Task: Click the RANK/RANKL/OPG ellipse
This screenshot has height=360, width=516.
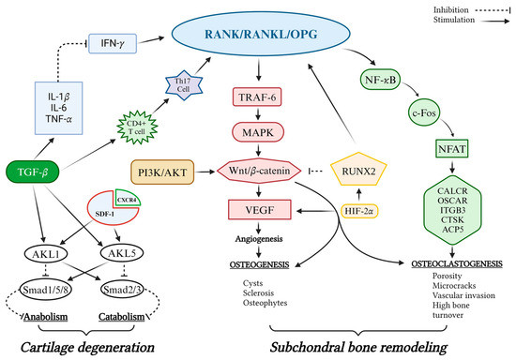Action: tap(261, 34)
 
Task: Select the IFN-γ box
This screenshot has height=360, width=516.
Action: tap(113, 43)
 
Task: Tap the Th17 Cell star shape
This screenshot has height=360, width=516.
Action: tap(184, 84)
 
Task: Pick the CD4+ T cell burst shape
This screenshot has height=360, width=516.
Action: tap(137, 127)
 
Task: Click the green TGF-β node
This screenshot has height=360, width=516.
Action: tap(33, 172)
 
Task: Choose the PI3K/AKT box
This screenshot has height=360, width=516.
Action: tap(162, 172)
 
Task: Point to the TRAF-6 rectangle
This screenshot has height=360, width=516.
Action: tap(257, 97)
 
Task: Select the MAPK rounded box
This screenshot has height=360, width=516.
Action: tap(258, 132)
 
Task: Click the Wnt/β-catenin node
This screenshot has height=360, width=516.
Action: tap(259, 171)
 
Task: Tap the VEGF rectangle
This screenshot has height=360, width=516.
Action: tap(260, 210)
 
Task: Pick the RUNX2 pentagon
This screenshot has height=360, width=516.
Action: tap(358, 170)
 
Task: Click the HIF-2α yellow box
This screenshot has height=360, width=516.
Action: tap(359, 211)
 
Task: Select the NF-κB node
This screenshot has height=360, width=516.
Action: tap(380, 80)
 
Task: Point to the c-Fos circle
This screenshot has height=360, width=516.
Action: tap(424, 112)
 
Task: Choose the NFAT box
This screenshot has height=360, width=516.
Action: tap(452, 149)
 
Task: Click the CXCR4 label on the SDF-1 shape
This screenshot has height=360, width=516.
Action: tap(127, 200)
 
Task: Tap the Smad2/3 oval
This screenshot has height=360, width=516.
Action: tap(122, 290)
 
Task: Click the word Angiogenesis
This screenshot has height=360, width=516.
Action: tap(259, 239)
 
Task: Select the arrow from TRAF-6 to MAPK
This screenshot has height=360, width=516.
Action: tap(258, 114)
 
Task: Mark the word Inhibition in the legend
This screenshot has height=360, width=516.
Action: tap(450, 10)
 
